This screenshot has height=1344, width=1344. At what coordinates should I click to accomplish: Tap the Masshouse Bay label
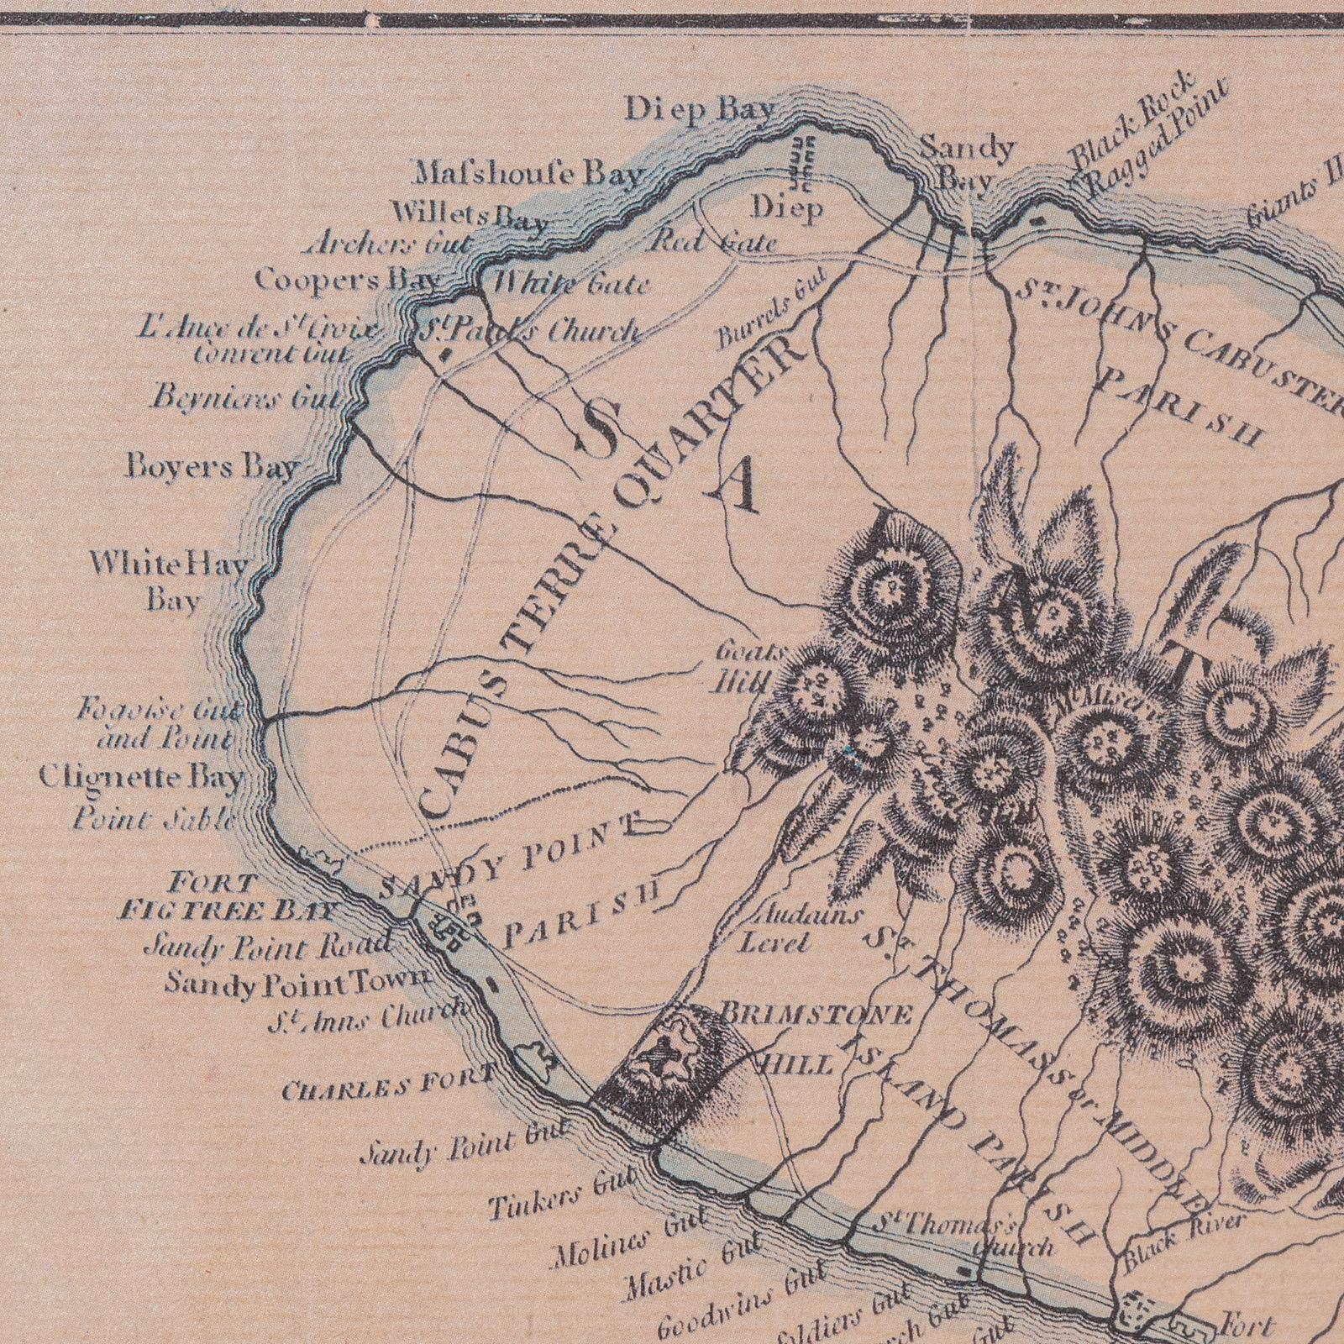530,175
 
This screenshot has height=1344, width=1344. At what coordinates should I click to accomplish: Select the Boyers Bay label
213,466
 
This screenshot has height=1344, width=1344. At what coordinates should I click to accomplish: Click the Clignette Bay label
141,779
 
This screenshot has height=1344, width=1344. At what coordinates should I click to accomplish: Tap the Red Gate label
714,244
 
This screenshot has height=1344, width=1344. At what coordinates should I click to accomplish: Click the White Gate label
571,284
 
